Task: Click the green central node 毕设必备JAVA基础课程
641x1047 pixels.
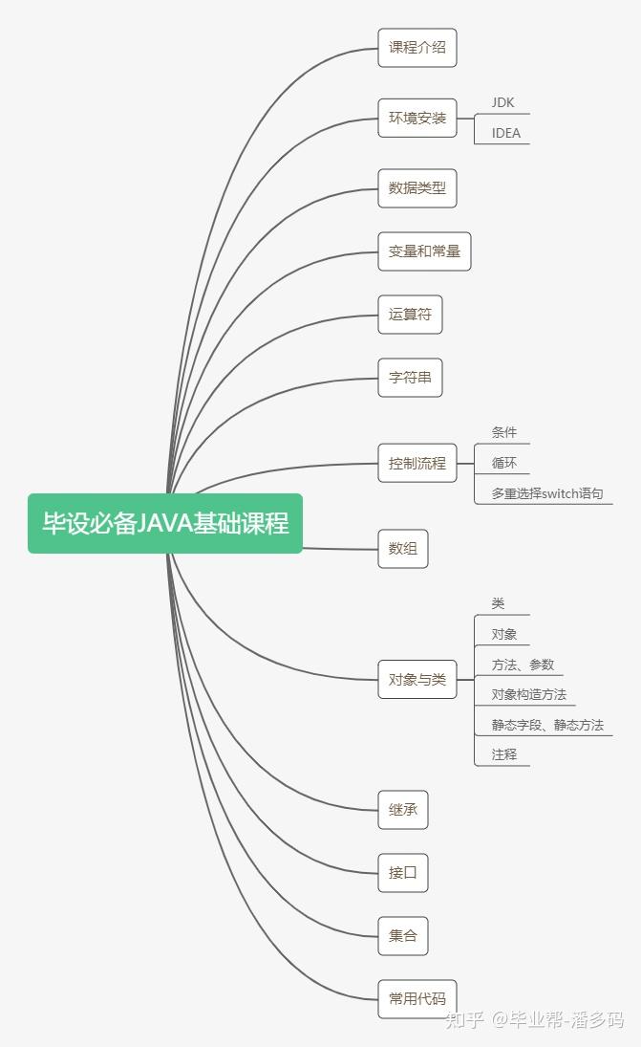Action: click(x=165, y=523)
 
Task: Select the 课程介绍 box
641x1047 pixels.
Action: click(x=417, y=47)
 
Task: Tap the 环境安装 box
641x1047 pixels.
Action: click(x=417, y=119)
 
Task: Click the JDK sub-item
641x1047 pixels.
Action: click(x=503, y=102)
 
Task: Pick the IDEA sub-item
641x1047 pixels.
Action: click(x=506, y=133)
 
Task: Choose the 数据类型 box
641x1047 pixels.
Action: click(x=417, y=187)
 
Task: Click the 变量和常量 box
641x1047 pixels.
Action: click(x=424, y=251)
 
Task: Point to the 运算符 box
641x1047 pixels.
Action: click(x=410, y=315)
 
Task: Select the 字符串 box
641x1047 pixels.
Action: click(x=410, y=377)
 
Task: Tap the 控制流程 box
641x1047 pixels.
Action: click(x=417, y=463)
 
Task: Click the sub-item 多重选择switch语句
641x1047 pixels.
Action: click(x=547, y=493)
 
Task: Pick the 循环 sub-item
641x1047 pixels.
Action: click(x=504, y=463)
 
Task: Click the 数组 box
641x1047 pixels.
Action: click(x=403, y=549)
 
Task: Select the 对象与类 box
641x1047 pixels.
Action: click(x=417, y=680)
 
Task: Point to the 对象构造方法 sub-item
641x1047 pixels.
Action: click(x=529, y=694)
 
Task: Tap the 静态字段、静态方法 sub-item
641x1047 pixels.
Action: click(x=547, y=725)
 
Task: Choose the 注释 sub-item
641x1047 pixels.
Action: click(x=504, y=754)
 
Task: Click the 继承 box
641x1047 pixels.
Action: click(x=403, y=810)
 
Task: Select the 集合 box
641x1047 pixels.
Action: click(x=403, y=935)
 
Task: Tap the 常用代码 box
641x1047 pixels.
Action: click(x=417, y=998)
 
